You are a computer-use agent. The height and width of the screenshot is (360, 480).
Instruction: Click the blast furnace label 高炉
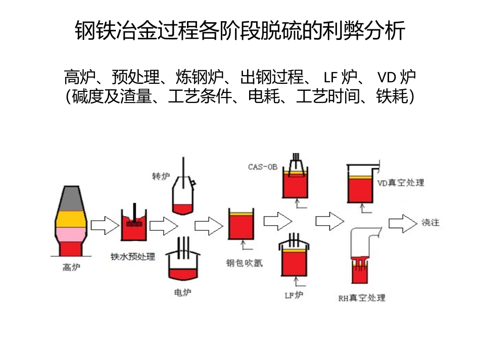(x=71, y=268)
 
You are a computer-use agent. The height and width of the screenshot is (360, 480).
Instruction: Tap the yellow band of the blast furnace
(x=71, y=219)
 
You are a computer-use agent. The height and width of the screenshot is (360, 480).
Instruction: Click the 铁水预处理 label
(x=133, y=256)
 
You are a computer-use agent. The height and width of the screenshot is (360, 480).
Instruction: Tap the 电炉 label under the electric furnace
(x=182, y=292)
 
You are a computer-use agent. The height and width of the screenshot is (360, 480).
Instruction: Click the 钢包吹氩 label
(x=244, y=263)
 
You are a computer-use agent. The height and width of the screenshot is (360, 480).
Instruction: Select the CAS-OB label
(x=263, y=167)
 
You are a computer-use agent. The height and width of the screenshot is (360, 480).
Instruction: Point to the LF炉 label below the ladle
(x=294, y=295)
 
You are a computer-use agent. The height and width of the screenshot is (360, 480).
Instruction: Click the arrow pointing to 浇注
(x=403, y=223)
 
